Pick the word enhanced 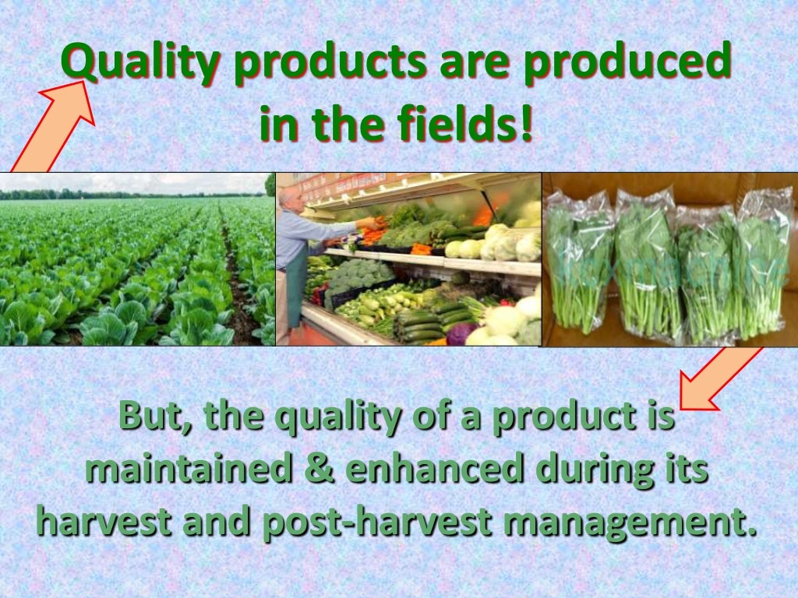[436, 470]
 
